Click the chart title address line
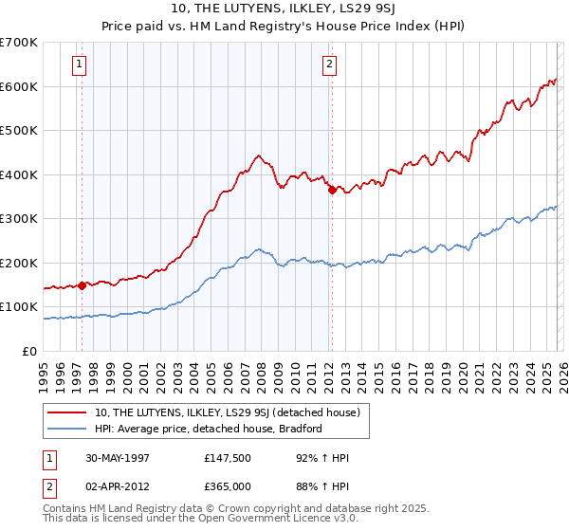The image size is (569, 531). pos(284,9)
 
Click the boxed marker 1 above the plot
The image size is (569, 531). pos(78,64)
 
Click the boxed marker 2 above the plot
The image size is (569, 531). pos(329,64)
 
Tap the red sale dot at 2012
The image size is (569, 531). pos(332,190)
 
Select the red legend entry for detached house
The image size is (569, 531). pos(227,412)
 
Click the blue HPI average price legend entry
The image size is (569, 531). pos(209,429)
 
